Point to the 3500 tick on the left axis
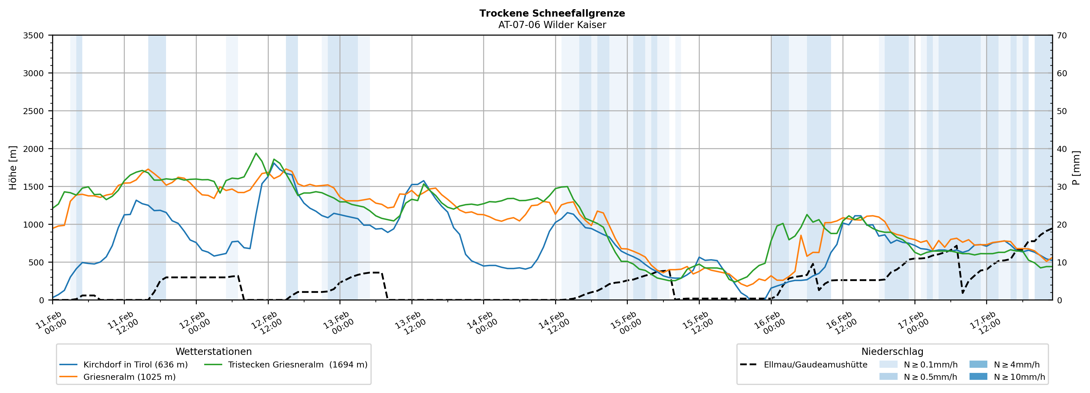34,36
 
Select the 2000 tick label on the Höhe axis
34,149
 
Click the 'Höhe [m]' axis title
13,168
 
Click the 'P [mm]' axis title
1076,168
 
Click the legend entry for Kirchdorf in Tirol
135,365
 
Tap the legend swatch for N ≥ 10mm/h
978,376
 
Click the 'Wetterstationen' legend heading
213,351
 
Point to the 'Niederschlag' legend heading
892,351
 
